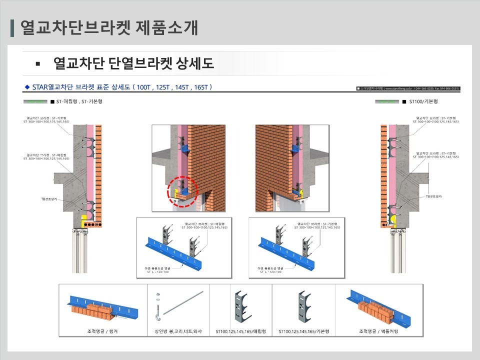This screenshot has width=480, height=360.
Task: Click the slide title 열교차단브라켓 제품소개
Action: [x=109, y=27]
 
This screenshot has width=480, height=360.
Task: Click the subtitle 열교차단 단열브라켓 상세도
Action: [x=133, y=63]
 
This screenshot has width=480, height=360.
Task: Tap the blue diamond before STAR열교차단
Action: [x=27, y=87]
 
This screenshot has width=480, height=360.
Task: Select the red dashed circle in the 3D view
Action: [x=182, y=191]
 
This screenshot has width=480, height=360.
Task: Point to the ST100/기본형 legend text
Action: [x=423, y=101]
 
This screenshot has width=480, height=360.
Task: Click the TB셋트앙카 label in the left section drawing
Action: [x=49, y=198]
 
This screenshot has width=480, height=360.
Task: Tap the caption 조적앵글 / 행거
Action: [x=102, y=331]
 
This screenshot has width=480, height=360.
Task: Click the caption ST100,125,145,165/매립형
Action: [x=240, y=331]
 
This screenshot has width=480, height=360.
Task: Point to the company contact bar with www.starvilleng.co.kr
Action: [x=408, y=88]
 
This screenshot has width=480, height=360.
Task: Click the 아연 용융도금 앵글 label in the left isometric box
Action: [x=157, y=270]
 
